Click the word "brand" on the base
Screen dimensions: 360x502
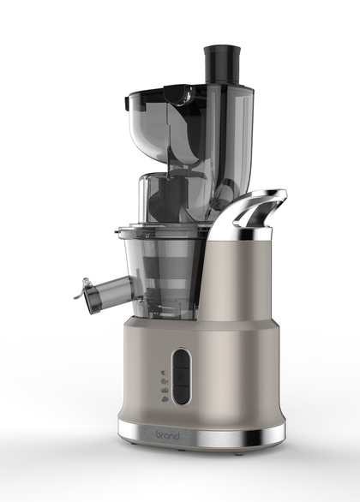point(167,434)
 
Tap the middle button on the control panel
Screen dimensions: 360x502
point(181,376)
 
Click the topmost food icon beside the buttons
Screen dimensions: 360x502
point(165,373)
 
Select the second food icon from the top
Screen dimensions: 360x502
point(165,381)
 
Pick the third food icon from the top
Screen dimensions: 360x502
point(165,390)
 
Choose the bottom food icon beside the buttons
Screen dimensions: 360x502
point(165,399)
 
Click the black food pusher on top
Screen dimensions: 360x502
point(222,64)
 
